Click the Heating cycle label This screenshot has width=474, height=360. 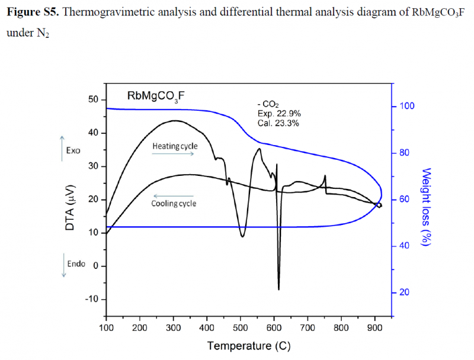coord(175,146)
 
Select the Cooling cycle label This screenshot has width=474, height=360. coord(174,203)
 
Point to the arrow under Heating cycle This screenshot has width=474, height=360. coord(173,153)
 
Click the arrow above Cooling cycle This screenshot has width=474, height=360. coord(173,195)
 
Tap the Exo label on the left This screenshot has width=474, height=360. coord(73,150)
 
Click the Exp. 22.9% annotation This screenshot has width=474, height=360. coord(278,114)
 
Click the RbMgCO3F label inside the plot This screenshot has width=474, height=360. coord(156,95)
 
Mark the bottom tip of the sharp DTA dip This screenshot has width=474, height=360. coord(278,290)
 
